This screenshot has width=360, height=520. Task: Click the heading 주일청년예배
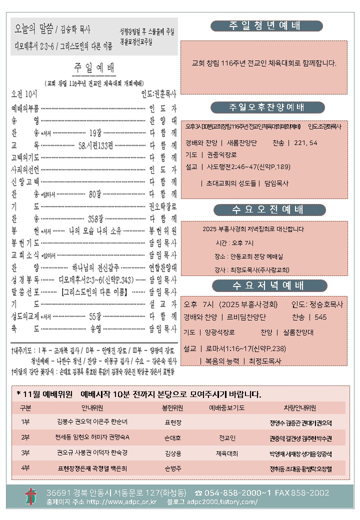266,26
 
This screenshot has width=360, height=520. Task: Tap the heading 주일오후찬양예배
266,107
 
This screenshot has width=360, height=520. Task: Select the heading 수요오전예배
266,209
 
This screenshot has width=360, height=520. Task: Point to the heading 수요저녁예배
266,285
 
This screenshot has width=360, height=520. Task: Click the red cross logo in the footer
31,496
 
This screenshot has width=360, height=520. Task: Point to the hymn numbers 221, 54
306,142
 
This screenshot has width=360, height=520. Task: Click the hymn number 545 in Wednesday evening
320,317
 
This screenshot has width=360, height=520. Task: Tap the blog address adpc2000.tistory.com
226,501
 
